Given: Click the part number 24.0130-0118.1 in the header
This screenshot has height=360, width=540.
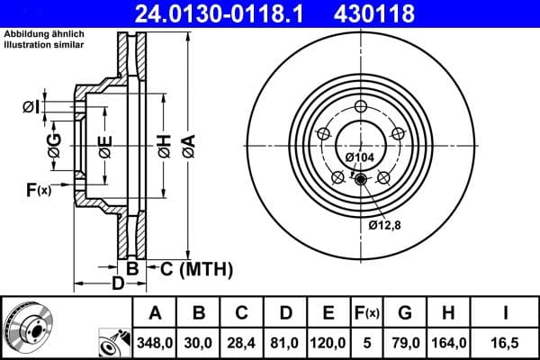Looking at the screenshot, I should (231, 13).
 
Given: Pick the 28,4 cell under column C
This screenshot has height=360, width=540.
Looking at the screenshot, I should (241, 343).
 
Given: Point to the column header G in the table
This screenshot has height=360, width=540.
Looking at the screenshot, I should (405, 313).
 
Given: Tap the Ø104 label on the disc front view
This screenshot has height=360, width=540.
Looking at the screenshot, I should (360, 157).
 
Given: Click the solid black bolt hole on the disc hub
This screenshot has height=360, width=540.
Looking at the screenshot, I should (361, 179).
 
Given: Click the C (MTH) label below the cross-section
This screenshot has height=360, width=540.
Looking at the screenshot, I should (196, 268).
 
